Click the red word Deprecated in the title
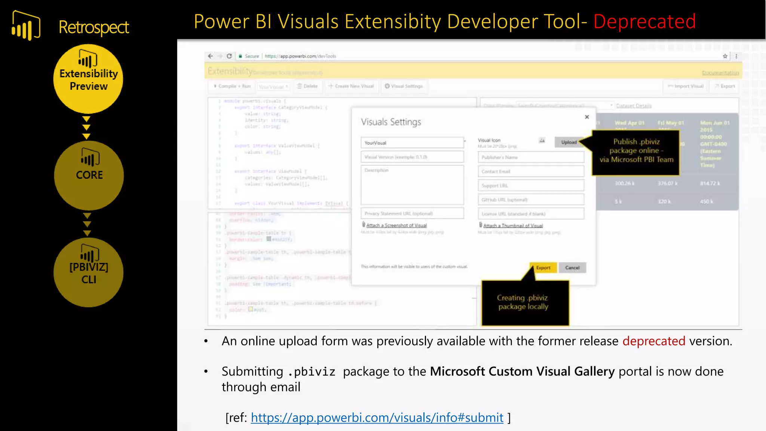(x=644, y=21)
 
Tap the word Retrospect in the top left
(x=94, y=27)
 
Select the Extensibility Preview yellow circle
(x=88, y=79)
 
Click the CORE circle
(x=89, y=175)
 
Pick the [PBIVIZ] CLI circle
(x=89, y=272)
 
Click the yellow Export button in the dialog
(x=543, y=268)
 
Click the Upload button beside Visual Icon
(x=569, y=142)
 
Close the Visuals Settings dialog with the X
(x=587, y=117)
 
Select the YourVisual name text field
(x=412, y=143)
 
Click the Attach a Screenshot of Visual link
(x=396, y=225)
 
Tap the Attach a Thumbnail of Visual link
(x=513, y=226)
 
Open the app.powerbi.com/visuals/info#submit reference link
(x=377, y=418)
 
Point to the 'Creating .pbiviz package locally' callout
(x=525, y=302)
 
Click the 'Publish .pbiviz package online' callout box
(x=636, y=151)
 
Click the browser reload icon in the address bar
(x=229, y=56)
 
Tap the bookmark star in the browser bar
(x=725, y=56)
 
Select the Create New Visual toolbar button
(x=351, y=86)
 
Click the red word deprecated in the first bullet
(x=653, y=341)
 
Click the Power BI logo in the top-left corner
(x=26, y=25)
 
